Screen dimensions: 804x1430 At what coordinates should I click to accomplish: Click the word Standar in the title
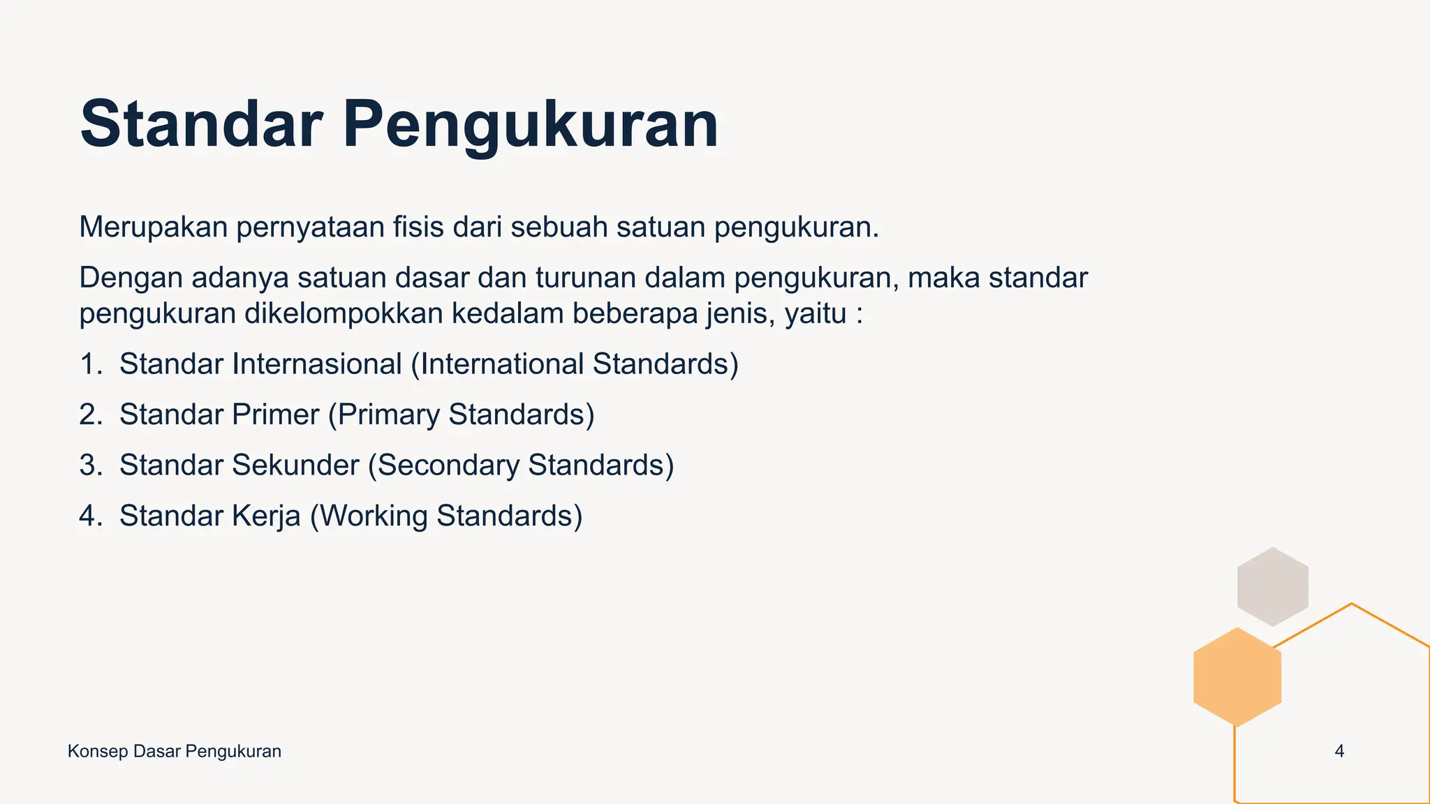[x=201, y=124]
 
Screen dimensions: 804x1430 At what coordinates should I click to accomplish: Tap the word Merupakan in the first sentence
[x=154, y=228]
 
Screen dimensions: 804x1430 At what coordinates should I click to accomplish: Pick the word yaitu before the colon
[x=816, y=314]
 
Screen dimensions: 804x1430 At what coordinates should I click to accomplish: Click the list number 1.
[x=90, y=364]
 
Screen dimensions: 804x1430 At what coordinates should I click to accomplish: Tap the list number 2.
[x=91, y=415]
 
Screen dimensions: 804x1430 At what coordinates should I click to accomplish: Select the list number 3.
[x=91, y=466]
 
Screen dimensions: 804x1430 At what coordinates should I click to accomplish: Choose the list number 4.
[x=91, y=516]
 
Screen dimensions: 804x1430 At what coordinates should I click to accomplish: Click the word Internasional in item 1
[x=317, y=364]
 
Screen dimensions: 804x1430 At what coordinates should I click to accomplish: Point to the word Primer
[x=275, y=415]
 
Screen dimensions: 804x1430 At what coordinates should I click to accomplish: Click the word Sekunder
[x=295, y=466]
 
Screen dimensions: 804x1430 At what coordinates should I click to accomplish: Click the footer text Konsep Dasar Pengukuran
[x=175, y=752]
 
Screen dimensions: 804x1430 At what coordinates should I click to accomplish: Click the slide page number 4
[x=1339, y=752]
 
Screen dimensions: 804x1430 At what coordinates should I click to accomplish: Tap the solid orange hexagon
[x=1237, y=677]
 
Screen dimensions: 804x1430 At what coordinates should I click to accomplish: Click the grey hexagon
[x=1272, y=586]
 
